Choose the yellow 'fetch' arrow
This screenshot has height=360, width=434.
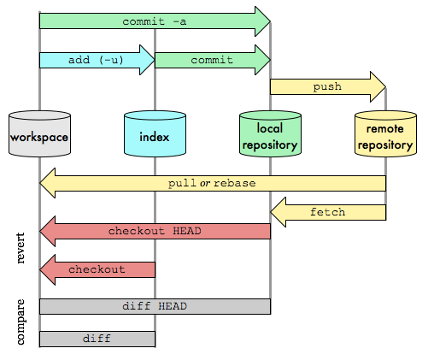(x=328, y=211)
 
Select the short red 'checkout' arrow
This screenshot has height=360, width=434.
(x=97, y=269)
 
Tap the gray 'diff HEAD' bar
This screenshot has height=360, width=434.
(x=155, y=306)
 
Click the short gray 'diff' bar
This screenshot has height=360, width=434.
(x=97, y=339)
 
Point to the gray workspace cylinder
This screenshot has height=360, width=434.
(x=39, y=134)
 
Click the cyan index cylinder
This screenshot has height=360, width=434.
(x=155, y=134)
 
